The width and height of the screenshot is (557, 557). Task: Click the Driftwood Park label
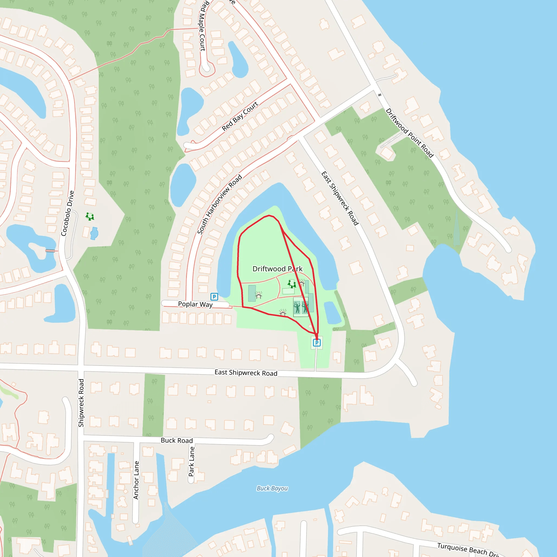[x=277, y=269]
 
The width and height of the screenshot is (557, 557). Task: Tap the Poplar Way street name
[x=195, y=304]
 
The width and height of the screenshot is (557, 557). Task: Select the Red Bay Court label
[x=240, y=116]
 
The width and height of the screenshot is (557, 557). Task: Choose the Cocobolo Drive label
[x=68, y=213]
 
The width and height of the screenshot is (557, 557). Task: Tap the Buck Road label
[x=177, y=440]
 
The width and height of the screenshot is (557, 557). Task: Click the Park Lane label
[x=191, y=461]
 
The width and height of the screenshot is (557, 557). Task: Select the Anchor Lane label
[x=136, y=480]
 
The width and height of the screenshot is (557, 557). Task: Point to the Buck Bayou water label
[x=272, y=488]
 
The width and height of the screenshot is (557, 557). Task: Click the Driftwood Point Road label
[x=409, y=133]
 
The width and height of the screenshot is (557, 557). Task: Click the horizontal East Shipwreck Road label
[x=246, y=373]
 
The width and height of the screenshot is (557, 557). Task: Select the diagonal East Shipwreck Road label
[x=340, y=198]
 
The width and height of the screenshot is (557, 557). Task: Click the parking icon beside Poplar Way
[x=214, y=297]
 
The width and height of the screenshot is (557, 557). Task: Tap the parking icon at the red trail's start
[x=317, y=343]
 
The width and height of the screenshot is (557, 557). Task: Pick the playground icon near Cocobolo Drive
[x=90, y=216]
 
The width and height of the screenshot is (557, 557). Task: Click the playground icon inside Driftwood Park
[x=292, y=284]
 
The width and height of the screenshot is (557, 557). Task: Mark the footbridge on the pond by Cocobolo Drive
[x=50, y=251]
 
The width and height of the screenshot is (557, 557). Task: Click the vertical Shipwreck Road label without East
[x=81, y=403]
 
